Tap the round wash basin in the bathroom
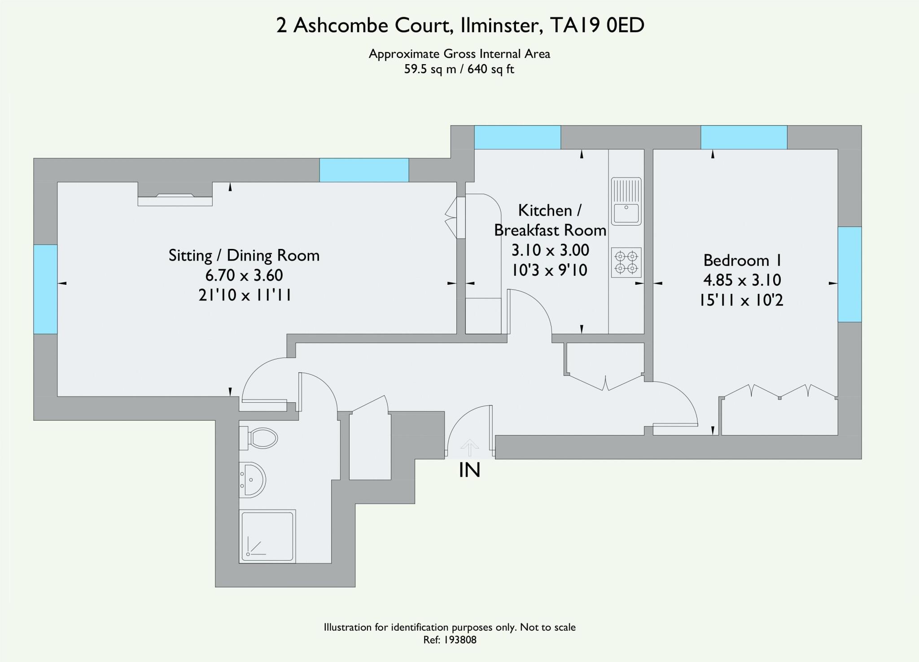point(253,479)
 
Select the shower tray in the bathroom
point(267,536)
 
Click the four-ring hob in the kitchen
point(626,262)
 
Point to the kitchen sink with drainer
point(626,201)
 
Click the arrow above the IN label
point(470,447)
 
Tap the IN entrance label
point(469,470)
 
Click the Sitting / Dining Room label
point(244,255)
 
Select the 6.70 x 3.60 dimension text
point(244,275)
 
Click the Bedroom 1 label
point(742,260)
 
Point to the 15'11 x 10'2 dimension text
point(741,300)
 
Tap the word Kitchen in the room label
point(545,210)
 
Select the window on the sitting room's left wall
point(45,289)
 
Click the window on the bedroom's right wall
point(849,274)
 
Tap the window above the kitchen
point(517,137)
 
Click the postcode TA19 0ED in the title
point(597,25)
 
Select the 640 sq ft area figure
point(490,69)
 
